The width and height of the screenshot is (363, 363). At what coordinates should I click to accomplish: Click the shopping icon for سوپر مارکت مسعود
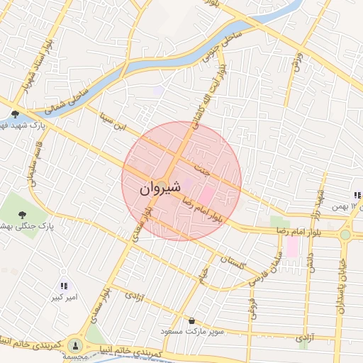pos(192,320)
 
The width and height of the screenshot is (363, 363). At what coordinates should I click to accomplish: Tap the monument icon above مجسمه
pos(75,346)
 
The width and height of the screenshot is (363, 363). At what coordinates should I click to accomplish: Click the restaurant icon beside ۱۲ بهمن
pos(357,196)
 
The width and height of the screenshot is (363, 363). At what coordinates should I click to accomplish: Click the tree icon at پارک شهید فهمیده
pos(16,113)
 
